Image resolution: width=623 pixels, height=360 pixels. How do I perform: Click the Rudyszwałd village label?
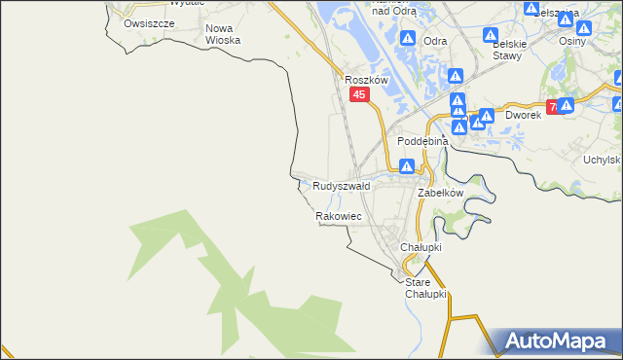(x=342, y=185)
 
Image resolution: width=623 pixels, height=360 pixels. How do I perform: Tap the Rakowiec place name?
(x=339, y=216)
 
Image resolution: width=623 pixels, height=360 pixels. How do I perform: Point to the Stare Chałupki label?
(x=425, y=288)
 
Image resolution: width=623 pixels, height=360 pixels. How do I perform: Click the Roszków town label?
(x=367, y=81)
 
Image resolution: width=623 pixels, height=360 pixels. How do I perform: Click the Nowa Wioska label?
(x=223, y=34)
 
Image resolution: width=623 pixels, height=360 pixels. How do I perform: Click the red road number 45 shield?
(x=360, y=94)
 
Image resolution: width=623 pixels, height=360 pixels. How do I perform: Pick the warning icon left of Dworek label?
(x=486, y=117)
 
